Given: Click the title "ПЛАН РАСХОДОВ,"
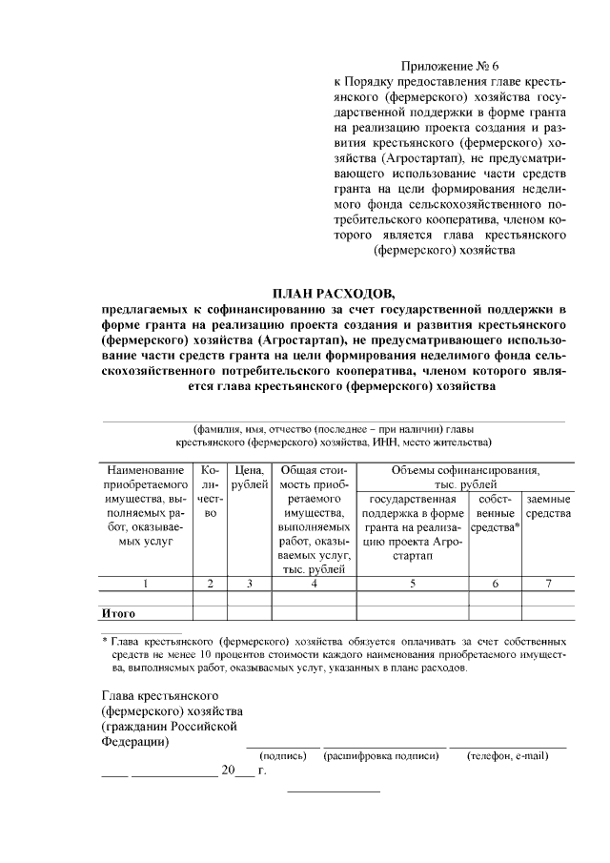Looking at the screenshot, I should pyautogui.click(x=333, y=293).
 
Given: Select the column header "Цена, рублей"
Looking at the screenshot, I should pyautogui.click(x=248, y=478).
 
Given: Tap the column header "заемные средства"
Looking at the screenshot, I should pyautogui.click(x=548, y=506).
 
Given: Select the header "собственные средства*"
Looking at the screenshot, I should pyautogui.click(x=496, y=513).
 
